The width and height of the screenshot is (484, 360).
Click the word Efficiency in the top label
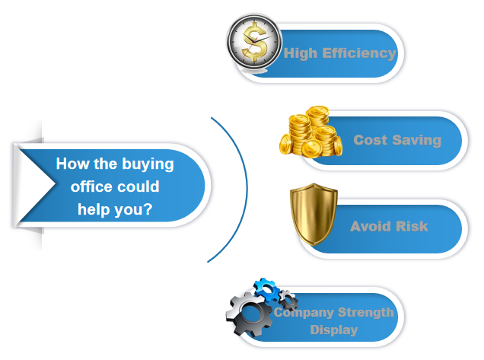pyautogui.click(x=359, y=53)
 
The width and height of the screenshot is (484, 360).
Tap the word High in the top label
pyautogui.click(x=301, y=53)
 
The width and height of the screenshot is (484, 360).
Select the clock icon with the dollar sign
pyautogui.click(x=254, y=41)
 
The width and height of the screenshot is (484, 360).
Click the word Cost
pyautogui.click(x=370, y=140)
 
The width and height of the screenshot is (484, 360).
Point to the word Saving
pyautogui.click(x=417, y=141)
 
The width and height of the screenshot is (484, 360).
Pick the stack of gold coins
pyautogui.click(x=310, y=132)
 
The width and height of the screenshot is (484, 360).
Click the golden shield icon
pyautogui.click(x=314, y=214)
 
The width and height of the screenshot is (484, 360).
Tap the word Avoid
pyautogui.click(x=371, y=226)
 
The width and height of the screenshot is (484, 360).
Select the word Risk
pyautogui.click(x=412, y=226)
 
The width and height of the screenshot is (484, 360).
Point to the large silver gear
pyautogui.click(x=250, y=314)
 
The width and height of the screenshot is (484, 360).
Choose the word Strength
pyautogui.click(x=366, y=313)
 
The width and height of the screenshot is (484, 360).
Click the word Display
pyautogui.click(x=334, y=330)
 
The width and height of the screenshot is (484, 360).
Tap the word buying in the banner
pyautogui.click(x=148, y=164)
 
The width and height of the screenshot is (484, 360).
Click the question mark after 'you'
pyautogui.click(x=148, y=209)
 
